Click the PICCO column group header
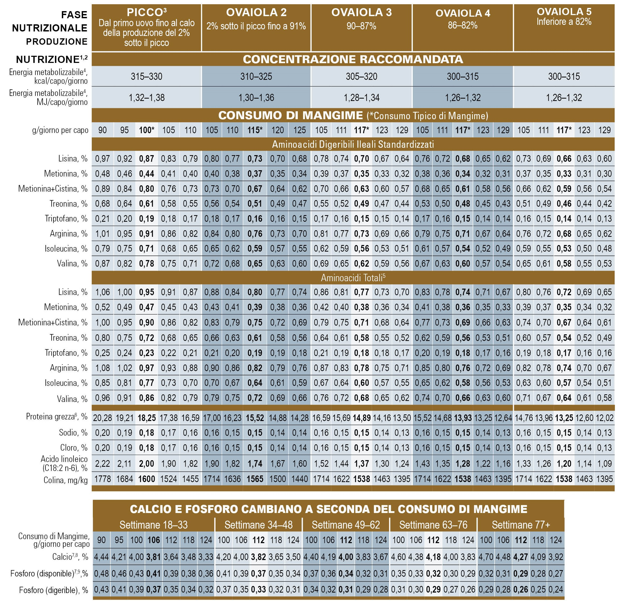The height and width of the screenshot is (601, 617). tap(146, 27)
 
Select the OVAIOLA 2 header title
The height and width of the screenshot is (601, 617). tap(256, 13)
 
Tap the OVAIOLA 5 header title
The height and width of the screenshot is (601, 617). tap(564, 12)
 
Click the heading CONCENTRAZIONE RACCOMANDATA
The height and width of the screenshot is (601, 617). tap(353, 59)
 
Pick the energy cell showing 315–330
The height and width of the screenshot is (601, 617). tap(147, 76)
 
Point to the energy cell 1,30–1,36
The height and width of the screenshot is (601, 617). tap(256, 98)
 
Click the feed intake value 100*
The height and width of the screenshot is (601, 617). tap(147, 130)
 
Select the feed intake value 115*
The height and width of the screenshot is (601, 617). tap(255, 130)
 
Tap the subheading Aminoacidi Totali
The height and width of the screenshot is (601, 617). tap(353, 278)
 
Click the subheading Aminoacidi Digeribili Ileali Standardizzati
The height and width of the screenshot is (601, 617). tap(353, 144)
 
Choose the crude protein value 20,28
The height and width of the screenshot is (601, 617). tap(103, 418)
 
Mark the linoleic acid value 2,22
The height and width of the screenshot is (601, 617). tap(103, 463)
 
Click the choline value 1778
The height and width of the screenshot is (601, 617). tap(103, 479)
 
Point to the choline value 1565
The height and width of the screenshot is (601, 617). tap(255, 479)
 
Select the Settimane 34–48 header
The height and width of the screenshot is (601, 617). tap(258, 525)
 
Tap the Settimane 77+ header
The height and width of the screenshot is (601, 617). tap(521, 525)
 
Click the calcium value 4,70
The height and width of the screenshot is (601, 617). tap(486, 557)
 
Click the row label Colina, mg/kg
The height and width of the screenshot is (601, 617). tap(65, 480)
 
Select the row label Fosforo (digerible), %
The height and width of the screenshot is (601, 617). tap(53, 590)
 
